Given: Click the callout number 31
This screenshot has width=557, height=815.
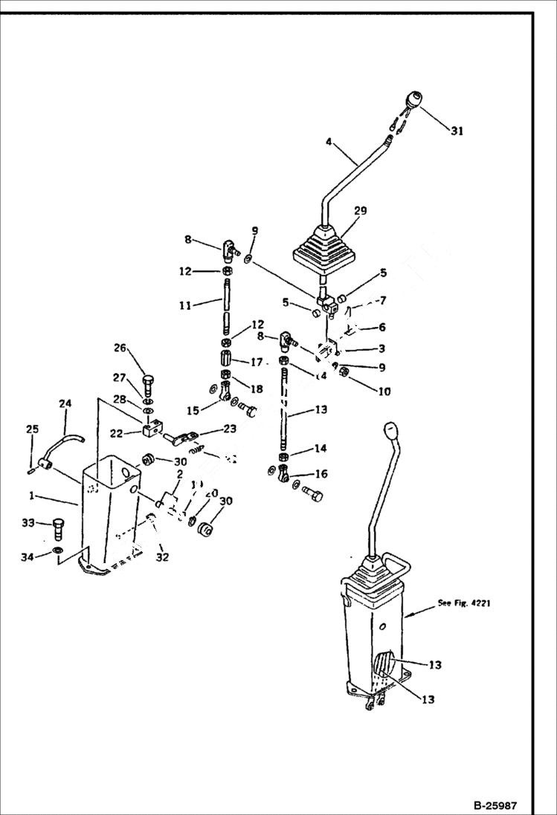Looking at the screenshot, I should tap(456, 131).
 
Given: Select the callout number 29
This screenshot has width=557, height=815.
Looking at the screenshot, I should tap(360, 212).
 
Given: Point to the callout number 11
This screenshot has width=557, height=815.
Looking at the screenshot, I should tap(185, 305).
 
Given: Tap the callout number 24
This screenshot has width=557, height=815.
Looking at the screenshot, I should tap(65, 403).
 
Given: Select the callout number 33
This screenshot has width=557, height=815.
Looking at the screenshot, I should tap(28, 523).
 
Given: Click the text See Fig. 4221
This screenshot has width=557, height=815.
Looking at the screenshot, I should tap(463, 603).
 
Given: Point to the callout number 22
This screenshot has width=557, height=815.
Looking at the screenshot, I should tap(116, 433).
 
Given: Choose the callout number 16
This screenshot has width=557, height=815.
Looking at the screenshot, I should tap(322, 473).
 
